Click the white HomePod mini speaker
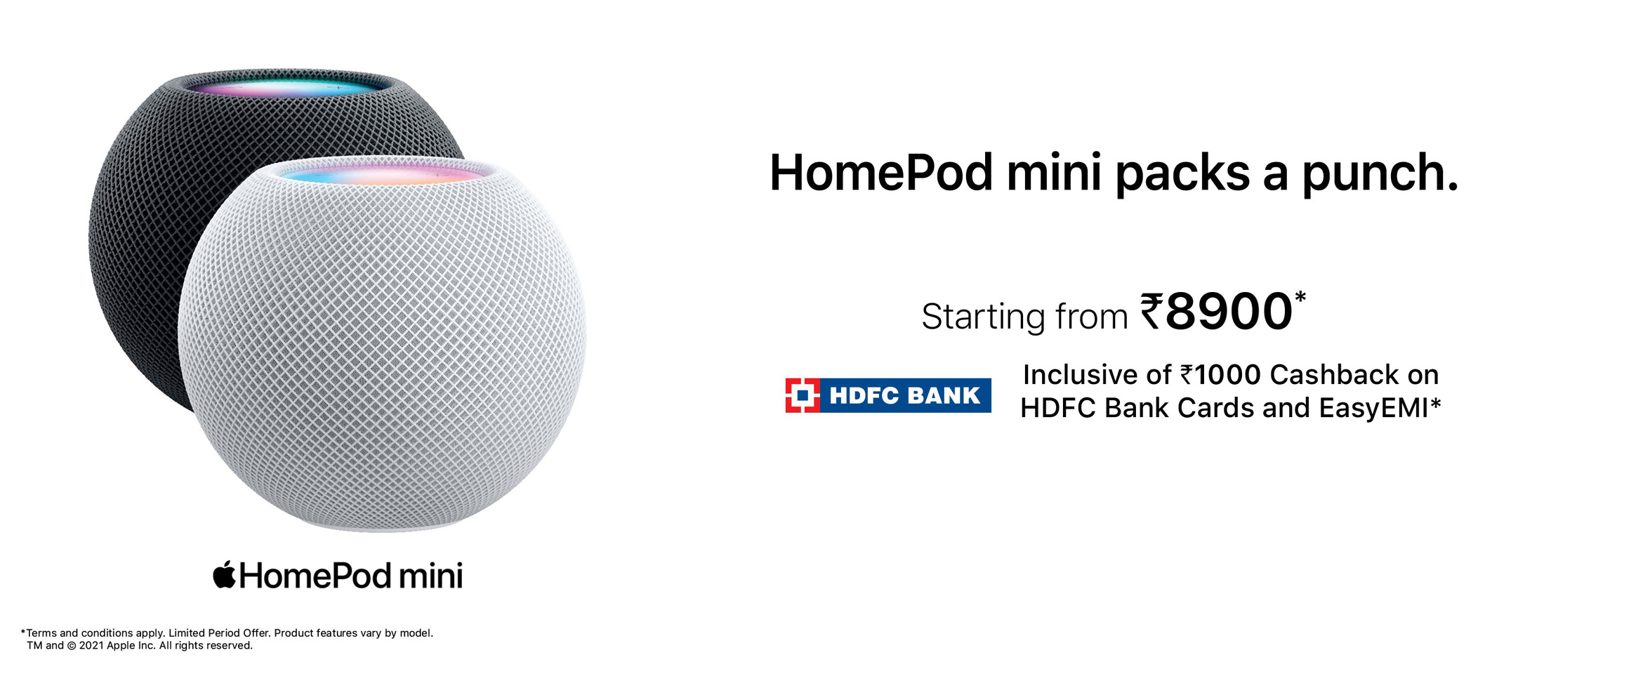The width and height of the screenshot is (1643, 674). click(383, 344)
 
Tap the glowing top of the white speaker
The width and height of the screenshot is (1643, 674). click(383, 172)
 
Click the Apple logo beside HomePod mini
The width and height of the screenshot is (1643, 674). click(224, 574)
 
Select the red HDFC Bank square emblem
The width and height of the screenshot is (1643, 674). click(803, 395)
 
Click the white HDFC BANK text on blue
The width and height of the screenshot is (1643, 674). click(905, 395)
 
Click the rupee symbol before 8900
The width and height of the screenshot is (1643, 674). click(1152, 311)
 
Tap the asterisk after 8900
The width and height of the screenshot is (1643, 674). click(1300, 297)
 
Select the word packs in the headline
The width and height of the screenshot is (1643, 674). click(1182, 174)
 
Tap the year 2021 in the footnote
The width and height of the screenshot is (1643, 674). click(91, 646)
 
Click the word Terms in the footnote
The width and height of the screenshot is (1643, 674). click(41, 633)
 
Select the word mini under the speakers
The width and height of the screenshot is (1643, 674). click(431, 576)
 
